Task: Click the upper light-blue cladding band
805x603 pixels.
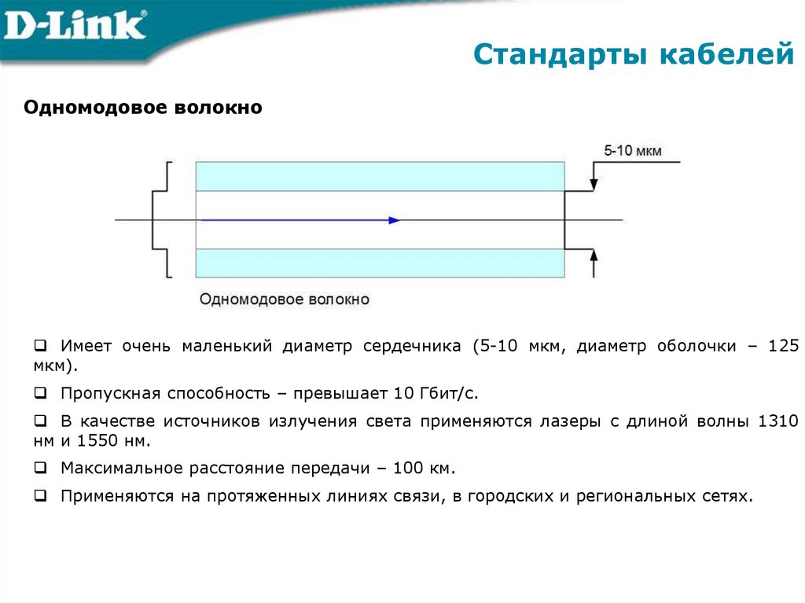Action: [x=380, y=176]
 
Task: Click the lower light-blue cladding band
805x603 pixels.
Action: [x=380, y=263]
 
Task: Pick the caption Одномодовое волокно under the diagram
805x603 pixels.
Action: [x=284, y=300]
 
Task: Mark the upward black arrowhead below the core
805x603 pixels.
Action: [x=594, y=256]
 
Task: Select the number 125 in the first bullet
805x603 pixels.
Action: [x=784, y=346]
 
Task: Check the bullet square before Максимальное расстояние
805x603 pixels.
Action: [x=39, y=469]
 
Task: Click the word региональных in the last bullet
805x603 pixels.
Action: [x=632, y=496]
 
